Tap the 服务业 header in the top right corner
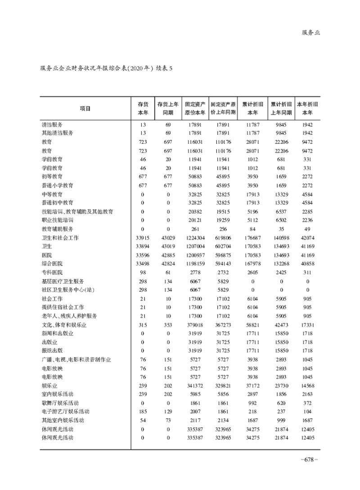point(310,32)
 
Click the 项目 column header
point(85,108)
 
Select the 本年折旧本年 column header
point(307,108)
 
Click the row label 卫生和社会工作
point(59,237)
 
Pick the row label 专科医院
point(52,272)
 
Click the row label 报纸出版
point(52,350)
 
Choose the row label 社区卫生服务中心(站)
point(66,290)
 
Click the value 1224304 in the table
point(195,237)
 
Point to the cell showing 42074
point(308,237)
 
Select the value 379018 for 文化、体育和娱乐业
point(195,324)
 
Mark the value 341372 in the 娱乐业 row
point(195,385)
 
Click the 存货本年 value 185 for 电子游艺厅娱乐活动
point(143,411)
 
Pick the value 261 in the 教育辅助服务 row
point(195,229)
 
